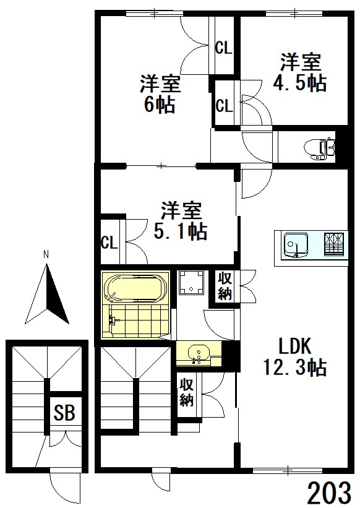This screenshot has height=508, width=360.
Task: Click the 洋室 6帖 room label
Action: (159, 93)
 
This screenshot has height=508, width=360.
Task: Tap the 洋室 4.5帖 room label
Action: (301, 72)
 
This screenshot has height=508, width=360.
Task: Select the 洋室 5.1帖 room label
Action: (182, 221)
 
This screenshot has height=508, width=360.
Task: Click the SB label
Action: (64, 413)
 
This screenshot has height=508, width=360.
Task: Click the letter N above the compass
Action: (46, 254)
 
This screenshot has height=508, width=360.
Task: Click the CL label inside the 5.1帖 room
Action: (109, 243)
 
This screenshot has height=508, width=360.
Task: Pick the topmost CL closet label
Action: (223, 48)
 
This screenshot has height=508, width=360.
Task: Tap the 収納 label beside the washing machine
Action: (225, 286)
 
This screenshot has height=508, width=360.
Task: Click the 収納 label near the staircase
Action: (187, 392)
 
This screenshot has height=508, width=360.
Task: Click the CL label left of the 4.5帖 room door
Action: (224, 105)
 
